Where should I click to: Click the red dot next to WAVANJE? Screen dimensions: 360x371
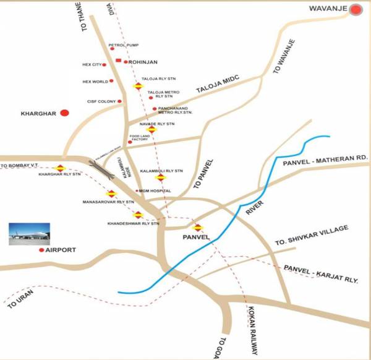pos(356,9)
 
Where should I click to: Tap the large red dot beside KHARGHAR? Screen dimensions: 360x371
pos(64,113)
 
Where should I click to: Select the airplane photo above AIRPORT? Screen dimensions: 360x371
pos(28,234)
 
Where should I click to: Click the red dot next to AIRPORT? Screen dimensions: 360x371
pos(41,250)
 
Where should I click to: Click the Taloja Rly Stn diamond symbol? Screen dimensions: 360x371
pos(138,86)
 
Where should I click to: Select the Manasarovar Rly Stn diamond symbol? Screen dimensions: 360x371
pos(111,194)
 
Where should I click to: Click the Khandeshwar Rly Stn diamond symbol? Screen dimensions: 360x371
pos(139,215)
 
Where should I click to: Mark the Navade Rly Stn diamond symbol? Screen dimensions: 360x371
pos(151,129)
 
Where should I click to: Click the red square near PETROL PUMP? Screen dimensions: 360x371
pos(118,60)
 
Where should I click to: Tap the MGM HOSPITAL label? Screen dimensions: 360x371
pos(155,191)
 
